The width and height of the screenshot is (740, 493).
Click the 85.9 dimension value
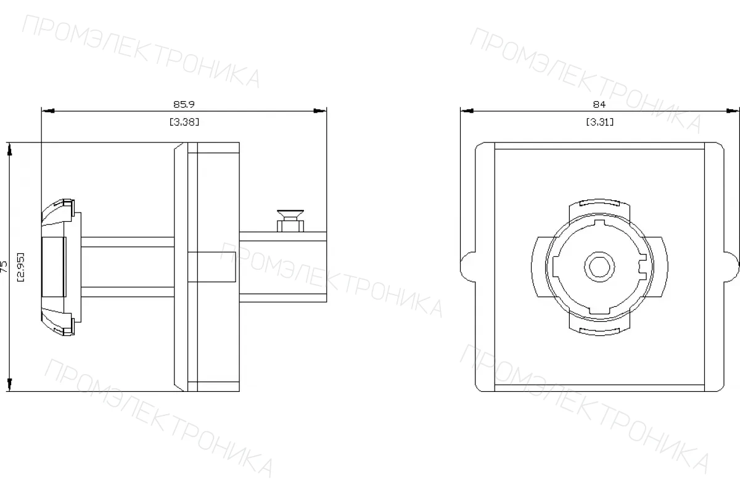[x=184, y=104]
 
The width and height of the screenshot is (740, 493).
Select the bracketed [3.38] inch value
[x=184, y=122]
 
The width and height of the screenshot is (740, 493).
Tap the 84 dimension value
[x=599, y=104]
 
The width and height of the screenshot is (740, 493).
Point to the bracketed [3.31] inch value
[x=599, y=122]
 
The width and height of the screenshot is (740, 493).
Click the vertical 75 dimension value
[x=4, y=267]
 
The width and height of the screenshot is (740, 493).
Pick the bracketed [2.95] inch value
[x=20, y=267]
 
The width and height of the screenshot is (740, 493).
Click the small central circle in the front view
[x=599, y=267]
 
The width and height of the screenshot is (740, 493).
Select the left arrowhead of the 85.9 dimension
[x=48, y=111]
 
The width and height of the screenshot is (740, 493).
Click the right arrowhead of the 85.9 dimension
[x=320, y=111]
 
